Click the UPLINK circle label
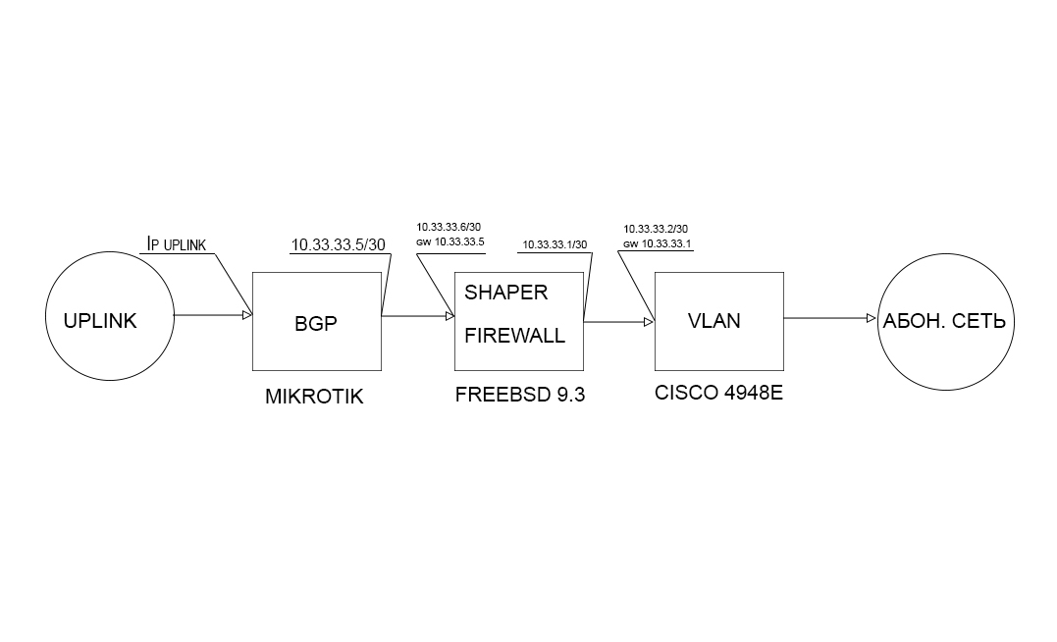(100, 321)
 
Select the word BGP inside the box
(315, 324)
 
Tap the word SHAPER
(506, 293)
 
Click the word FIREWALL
(515, 336)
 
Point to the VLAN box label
(713, 321)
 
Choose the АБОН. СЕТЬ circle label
(944, 322)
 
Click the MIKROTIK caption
(314, 397)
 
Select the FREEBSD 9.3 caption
(520, 395)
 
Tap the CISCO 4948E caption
(718, 393)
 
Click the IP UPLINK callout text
(177, 244)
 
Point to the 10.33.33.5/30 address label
(339, 244)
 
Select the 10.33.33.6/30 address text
(449, 228)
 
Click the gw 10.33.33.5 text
(450, 242)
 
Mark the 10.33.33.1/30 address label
(555, 244)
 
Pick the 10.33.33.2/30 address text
(656, 230)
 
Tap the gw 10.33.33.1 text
(658, 244)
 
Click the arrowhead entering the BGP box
(247, 315)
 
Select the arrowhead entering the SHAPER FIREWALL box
(450, 316)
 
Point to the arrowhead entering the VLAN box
(649, 322)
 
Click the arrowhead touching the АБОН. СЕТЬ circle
(872, 318)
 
